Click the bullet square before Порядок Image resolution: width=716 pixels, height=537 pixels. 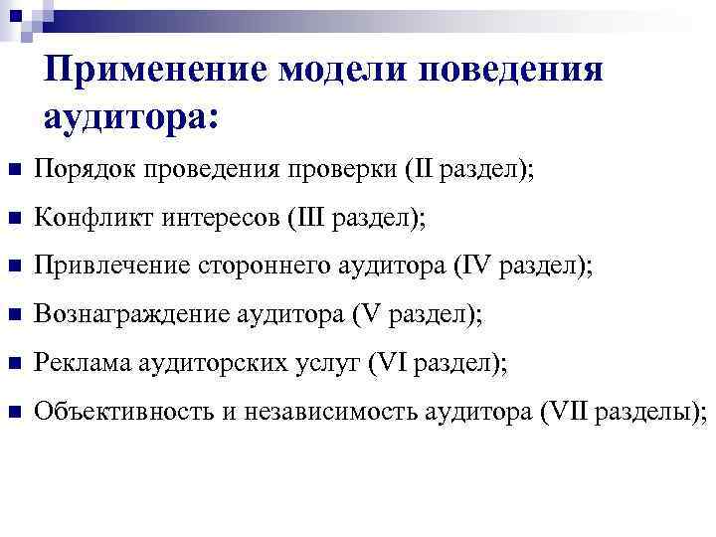pyautogui.click(x=13, y=171)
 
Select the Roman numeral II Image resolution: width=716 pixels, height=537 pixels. pyautogui.click(x=421, y=170)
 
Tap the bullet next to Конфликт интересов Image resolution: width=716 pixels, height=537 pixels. pyautogui.click(x=13, y=219)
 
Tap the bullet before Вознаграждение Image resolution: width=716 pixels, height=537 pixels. pyautogui.click(x=13, y=315)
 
